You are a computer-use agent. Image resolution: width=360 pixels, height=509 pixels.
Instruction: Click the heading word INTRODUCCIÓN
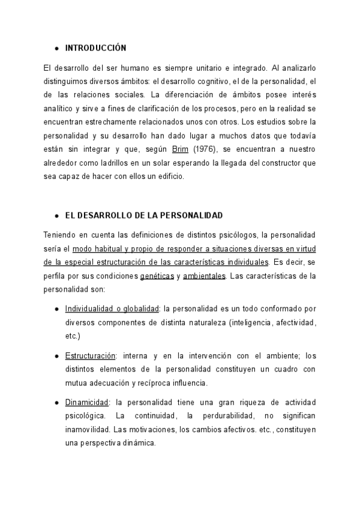pos(96,47)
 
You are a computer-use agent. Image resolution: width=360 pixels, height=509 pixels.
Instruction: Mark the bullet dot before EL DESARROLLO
pos(56,214)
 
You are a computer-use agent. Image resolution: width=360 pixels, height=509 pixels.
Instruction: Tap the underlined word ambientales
pos(205,276)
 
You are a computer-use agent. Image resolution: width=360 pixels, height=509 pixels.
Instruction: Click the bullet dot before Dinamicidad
pos(56,402)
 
